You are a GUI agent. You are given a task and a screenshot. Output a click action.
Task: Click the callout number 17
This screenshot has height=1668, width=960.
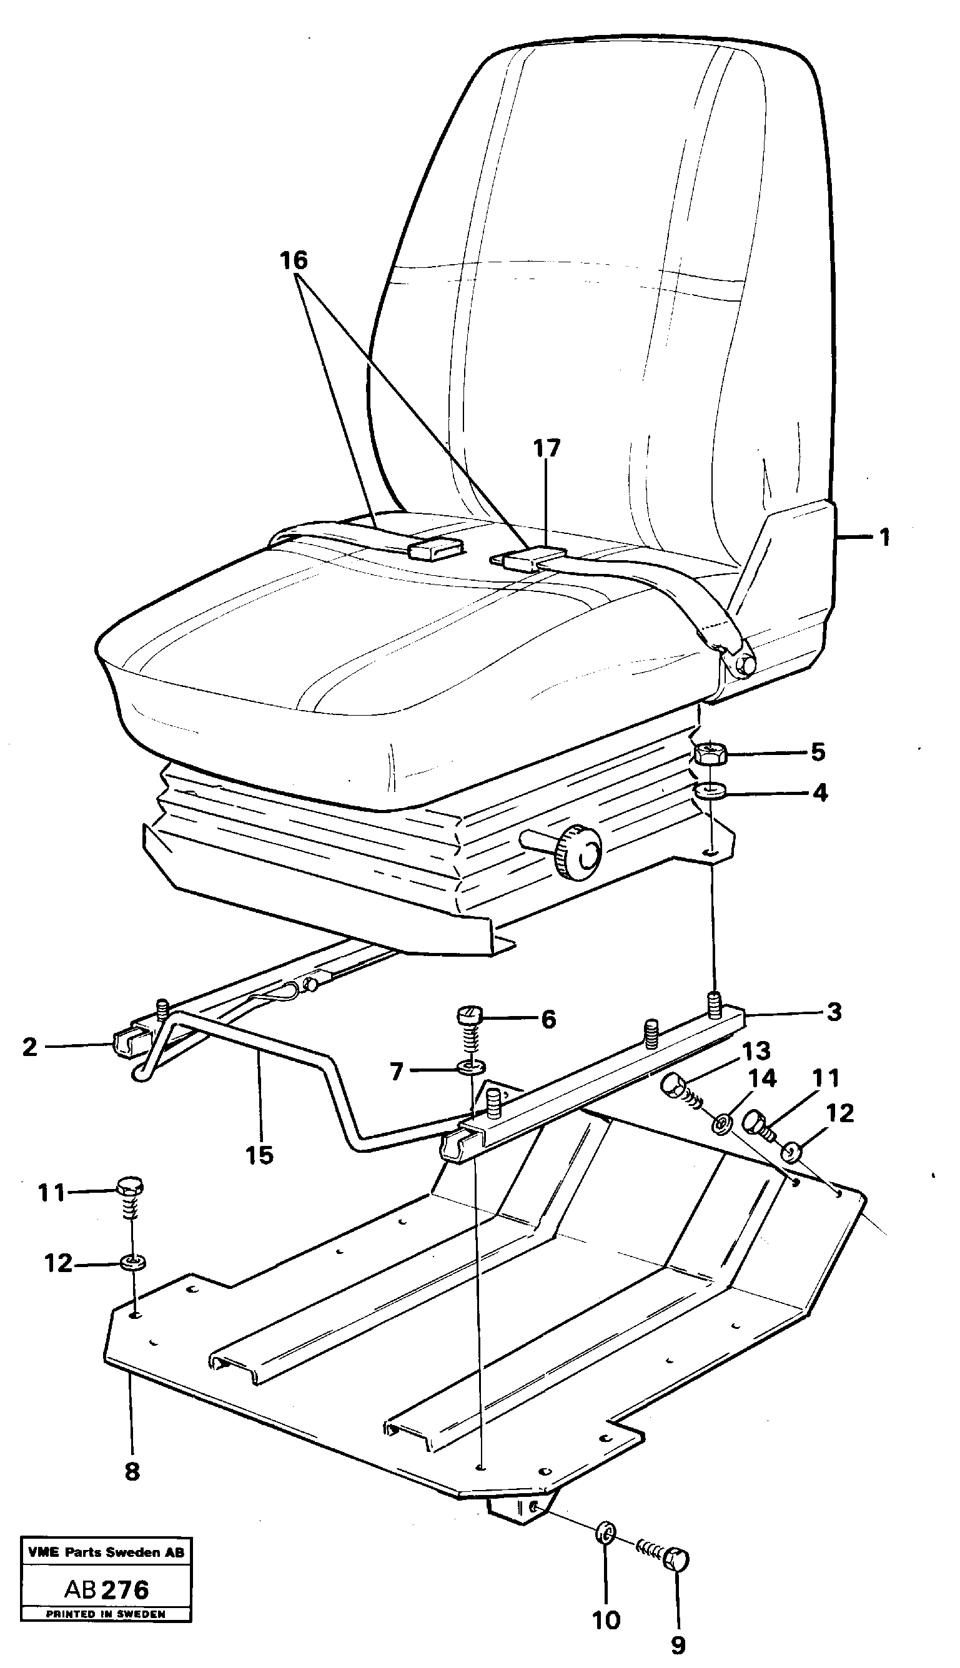coord(547,448)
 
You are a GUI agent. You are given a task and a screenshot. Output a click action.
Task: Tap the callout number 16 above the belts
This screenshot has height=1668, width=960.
coord(294,260)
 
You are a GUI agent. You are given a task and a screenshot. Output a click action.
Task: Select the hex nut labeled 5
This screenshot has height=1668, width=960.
coord(709,753)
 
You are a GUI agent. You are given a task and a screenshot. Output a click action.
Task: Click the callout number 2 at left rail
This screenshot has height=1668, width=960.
coord(30,1047)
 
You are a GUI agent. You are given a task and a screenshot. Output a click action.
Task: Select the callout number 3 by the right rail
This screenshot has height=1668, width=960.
coord(834,1012)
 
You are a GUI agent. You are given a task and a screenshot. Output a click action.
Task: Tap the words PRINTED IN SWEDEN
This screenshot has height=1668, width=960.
coord(106,1627)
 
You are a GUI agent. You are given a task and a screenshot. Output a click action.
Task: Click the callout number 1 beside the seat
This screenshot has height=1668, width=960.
coord(884,537)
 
